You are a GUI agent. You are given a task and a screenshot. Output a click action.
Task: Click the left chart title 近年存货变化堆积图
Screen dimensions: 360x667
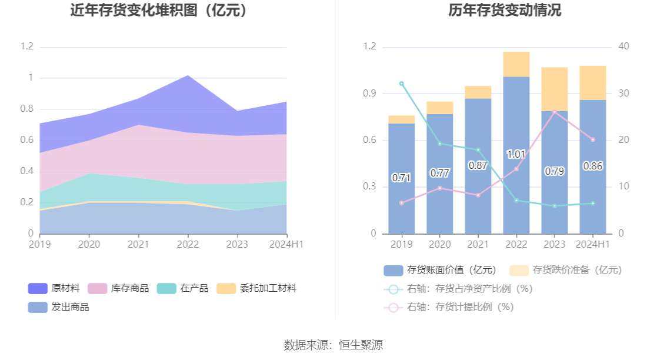[x=158, y=11]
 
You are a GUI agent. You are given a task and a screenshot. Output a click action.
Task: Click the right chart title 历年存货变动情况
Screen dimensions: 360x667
[x=504, y=11]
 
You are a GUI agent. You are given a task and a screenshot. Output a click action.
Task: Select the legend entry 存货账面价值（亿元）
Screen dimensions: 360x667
[x=441, y=270]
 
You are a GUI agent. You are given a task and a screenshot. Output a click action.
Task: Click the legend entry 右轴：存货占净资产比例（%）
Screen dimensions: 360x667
[x=458, y=289]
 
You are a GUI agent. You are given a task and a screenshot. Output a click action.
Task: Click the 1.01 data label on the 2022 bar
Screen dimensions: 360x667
[x=516, y=155]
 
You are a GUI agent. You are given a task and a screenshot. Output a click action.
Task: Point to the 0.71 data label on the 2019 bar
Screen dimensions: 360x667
[x=401, y=178]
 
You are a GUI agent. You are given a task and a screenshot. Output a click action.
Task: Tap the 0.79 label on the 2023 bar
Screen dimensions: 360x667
[x=554, y=172]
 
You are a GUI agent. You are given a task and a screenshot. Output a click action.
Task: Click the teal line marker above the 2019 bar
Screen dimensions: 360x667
[x=402, y=84]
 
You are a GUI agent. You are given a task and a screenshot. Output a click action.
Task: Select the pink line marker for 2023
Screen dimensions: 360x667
[x=554, y=112]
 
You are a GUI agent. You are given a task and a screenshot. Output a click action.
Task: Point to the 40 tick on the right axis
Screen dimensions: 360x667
[x=624, y=47]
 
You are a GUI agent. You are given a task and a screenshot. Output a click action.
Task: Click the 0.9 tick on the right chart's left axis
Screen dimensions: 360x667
[x=370, y=94]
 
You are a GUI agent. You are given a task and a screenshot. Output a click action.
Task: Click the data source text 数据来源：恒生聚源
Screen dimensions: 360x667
[x=333, y=345]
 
